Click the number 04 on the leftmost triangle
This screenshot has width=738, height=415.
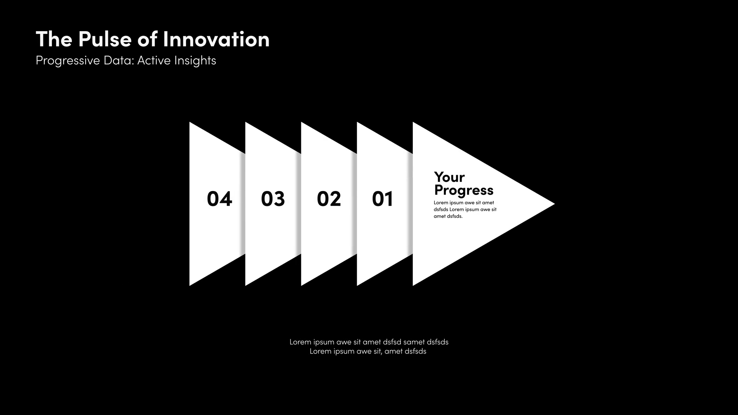point(219,199)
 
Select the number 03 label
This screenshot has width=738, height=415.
point(273,199)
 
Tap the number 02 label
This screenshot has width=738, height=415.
point(329,199)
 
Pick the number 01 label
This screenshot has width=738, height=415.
point(382,199)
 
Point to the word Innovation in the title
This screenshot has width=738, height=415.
point(216,39)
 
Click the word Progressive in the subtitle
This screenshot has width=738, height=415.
point(68,61)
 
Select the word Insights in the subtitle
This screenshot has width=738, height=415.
point(195,61)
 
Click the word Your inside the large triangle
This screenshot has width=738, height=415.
point(449,178)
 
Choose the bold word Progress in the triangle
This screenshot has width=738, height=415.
point(464,191)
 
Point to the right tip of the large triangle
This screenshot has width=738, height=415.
point(555,204)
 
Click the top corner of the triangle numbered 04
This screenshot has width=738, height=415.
point(189,122)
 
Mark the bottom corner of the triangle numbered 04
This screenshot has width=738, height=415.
point(189,286)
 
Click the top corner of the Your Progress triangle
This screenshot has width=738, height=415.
point(413,122)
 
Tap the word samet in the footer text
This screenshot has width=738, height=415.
point(414,342)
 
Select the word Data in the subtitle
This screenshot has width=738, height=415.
point(118,60)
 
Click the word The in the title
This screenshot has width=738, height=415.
point(54,39)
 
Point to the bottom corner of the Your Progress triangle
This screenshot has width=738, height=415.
point(413,286)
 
